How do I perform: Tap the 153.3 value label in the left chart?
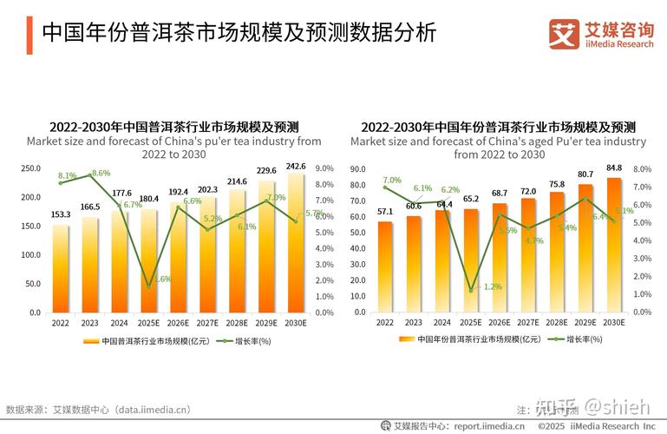coord(60,215)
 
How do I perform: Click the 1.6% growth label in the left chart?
coord(162,279)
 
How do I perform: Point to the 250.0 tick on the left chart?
coord(31,168)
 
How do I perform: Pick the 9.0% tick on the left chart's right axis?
coord(324,168)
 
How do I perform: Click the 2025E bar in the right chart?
coord(471,260)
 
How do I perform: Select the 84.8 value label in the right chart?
coord(614,168)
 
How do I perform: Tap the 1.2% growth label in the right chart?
coord(492,286)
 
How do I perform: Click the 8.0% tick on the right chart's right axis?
coord(643,169)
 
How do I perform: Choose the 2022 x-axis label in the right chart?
coord(385,322)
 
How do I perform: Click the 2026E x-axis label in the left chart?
coord(178,322)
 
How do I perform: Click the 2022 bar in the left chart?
coord(60,268)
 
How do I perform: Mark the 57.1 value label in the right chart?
coord(384,212)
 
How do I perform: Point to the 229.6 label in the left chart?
coord(267,171)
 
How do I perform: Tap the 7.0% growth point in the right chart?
coord(385,187)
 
